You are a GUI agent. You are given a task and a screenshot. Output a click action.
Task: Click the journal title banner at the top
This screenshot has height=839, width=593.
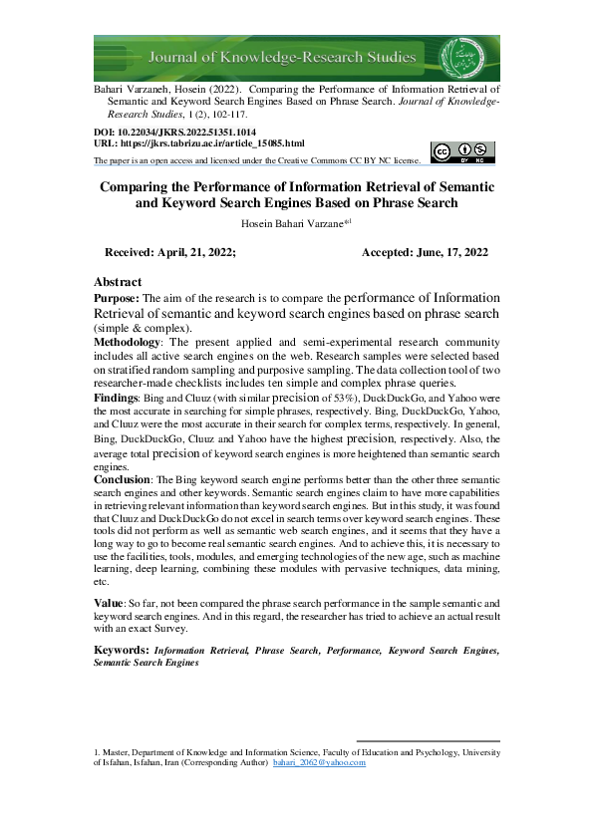click(296, 58)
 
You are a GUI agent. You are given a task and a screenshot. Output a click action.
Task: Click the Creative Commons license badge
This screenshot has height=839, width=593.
click(462, 151)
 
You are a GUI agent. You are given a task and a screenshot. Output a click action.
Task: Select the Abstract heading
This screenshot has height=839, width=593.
click(118, 282)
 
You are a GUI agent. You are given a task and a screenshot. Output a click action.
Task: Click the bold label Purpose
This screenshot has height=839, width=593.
click(117, 298)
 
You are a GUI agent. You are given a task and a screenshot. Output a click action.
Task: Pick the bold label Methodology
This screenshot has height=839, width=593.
click(127, 341)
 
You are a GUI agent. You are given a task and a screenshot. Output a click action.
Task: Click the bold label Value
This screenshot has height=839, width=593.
click(108, 604)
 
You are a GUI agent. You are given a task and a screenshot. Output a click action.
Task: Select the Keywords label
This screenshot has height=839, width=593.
click(121, 651)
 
